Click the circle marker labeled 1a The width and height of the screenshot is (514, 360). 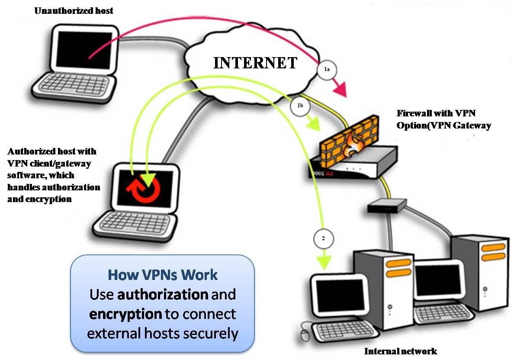327,70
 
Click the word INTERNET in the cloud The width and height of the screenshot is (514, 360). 255,63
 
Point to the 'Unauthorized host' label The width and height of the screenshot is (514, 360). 74,10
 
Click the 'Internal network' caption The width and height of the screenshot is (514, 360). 400,351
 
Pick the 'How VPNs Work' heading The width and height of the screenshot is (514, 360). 162,275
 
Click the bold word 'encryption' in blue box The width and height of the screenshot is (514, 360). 125,314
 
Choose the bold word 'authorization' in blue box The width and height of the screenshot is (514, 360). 163,294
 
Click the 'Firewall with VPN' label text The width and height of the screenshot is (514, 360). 437,114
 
